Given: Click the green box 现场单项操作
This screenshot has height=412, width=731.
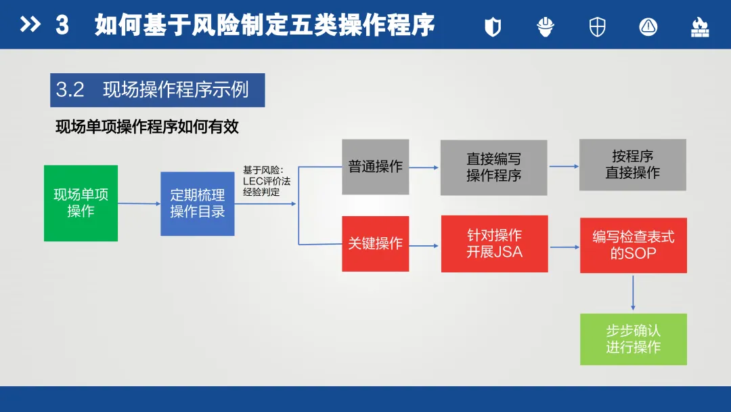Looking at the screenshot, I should click(x=81, y=203).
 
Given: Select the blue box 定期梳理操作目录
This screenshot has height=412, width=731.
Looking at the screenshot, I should click(x=197, y=203).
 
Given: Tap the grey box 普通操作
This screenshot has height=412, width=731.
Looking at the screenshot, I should click(x=375, y=167).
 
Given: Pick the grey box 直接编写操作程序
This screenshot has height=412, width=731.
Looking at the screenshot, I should click(x=493, y=167).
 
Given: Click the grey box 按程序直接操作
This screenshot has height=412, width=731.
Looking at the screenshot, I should click(x=632, y=165).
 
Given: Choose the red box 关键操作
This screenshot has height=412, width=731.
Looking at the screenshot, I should click(x=375, y=243).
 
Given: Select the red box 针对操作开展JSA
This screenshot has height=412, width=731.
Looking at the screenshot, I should click(x=494, y=244).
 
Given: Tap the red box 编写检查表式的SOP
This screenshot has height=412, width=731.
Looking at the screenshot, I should click(x=633, y=245).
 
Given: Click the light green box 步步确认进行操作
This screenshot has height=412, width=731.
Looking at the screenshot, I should click(x=633, y=339).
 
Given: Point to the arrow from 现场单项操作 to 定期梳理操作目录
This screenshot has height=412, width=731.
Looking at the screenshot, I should click(x=139, y=203).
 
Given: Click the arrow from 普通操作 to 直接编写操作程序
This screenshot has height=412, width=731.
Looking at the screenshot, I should click(x=424, y=167).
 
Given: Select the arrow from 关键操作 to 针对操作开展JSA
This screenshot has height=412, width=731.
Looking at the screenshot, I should click(x=424, y=245).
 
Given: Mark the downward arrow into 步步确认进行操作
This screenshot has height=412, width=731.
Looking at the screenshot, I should click(x=633, y=293).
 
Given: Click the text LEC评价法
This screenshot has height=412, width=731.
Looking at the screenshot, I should click(x=266, y=182).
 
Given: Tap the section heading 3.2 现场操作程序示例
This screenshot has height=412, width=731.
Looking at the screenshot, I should click(x=157, y=90).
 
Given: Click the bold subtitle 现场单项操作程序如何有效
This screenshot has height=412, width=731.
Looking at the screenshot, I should click(x=147, y=127).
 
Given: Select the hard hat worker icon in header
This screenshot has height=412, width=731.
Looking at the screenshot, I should click(x=545, y=26).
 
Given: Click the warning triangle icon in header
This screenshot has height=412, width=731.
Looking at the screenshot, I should click(x=648, y=26).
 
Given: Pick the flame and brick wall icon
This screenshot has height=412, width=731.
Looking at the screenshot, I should click(x=699, y=26).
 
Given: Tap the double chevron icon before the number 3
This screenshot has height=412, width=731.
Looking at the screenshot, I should click(x=30, y=25).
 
